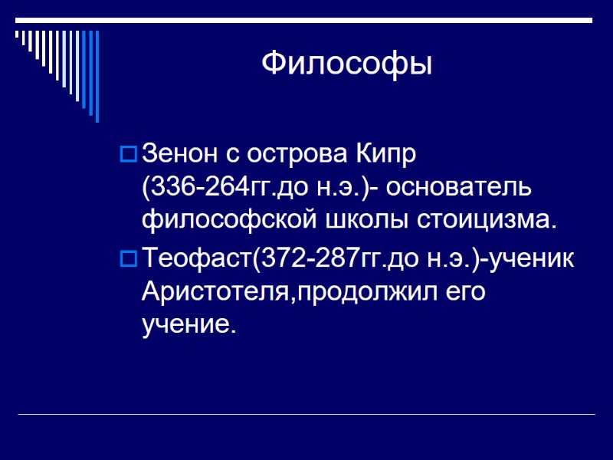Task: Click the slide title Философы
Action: [346, 63]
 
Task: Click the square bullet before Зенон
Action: [129, 154]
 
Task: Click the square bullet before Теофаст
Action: [129, 259]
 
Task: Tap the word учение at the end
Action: [186, 324]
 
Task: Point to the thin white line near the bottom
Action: [306, 415]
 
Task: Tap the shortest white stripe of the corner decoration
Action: [18, 34]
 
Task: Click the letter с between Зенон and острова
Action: [232, 155]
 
